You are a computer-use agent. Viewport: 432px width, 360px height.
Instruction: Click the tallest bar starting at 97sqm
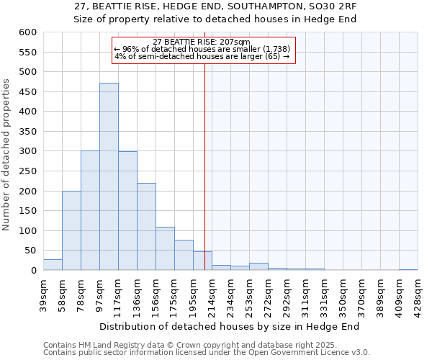click(109, 176)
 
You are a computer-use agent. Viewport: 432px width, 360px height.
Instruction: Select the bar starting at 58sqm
click(71, 230)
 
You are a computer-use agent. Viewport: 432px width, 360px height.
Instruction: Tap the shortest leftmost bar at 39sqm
click(53, 265)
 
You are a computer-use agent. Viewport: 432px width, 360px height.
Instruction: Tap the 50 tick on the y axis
click(30, 251)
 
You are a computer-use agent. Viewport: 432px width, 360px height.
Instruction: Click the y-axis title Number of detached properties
click(6, 156)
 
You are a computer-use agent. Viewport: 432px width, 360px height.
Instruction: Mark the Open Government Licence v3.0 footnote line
click(207, 353)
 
